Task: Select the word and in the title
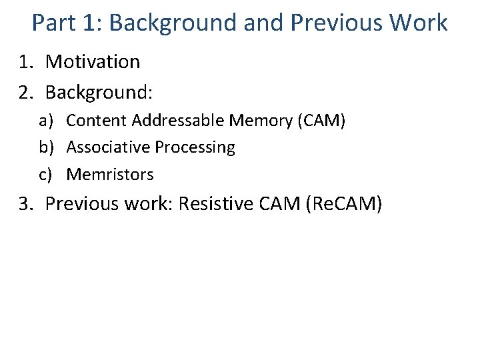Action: point(260,23)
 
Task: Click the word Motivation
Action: point(93,62)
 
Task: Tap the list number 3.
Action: point(25,203)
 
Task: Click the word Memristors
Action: point(110,175)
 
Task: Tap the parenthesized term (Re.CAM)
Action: point(343,203)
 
